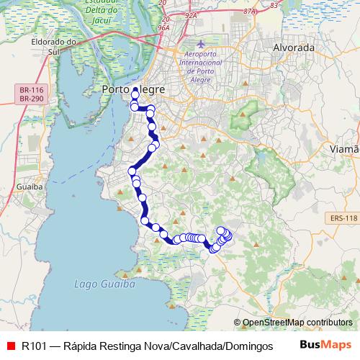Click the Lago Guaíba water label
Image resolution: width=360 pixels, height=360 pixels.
click(x=105, y=284)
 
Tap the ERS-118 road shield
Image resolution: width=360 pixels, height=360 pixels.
click(x=341, y=217)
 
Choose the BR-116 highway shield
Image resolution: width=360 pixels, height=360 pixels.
click(x=32, y=89)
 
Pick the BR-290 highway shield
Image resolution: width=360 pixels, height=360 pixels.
click(x=32, y=98)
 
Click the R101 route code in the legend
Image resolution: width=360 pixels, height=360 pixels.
click(x=35, y=346)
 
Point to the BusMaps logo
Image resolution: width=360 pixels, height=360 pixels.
click(x=325, y=346)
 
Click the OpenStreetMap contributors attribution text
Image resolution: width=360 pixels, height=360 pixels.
click(x=297, y=323)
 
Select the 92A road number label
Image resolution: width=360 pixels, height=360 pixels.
click(x=190, y=14)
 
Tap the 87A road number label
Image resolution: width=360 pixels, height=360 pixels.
click(x=249, y=12)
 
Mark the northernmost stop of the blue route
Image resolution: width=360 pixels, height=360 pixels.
click(x=135, y=91)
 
